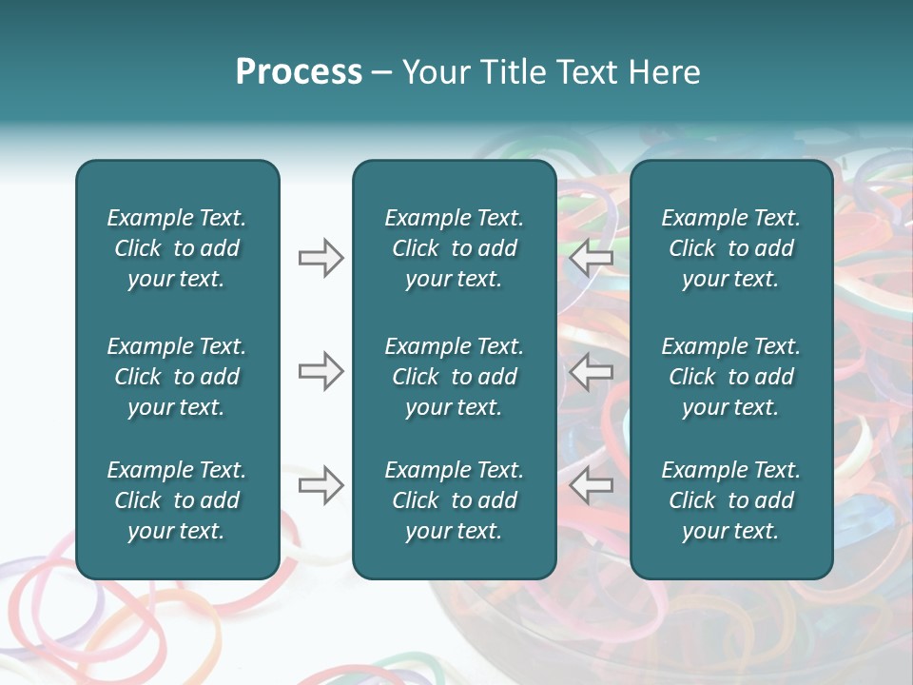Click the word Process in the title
[299, 72]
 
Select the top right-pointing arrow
[321, 258]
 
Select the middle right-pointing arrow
[321, 371]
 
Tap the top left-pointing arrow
[592, 258]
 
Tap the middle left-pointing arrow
[592, 371]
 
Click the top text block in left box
[177, 248]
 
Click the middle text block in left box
[177, 377]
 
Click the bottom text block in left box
[177, 500]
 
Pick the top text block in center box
[454, 248]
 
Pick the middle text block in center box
[454, 377]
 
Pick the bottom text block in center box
[454, 500]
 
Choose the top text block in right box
[730, 248]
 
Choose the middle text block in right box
[730, 377]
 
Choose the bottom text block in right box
[730, 500]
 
